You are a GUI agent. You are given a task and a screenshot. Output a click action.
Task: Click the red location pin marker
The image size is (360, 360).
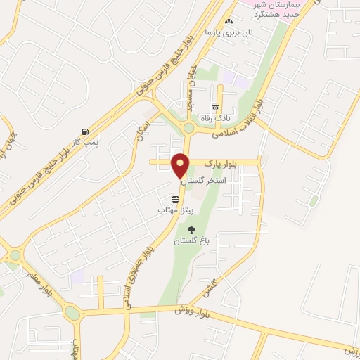181,165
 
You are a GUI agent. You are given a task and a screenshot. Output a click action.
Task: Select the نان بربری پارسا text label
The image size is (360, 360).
229,33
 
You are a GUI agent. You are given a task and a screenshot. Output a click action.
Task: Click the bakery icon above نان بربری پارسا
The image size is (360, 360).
229,22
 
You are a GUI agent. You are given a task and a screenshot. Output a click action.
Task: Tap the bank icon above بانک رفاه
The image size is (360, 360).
215,108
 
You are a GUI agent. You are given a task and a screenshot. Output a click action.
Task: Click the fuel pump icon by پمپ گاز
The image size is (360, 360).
85,131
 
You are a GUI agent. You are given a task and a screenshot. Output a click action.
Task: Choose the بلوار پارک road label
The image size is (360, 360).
221,163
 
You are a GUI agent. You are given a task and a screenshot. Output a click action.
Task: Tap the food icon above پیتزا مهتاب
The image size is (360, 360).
175,199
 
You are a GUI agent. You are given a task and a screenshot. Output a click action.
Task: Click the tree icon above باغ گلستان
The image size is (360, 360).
191,230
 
